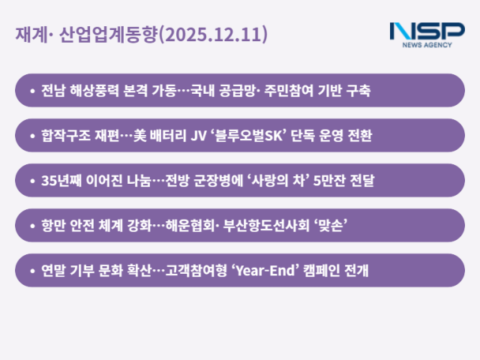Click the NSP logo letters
pyautogui.click(x=427, y=31)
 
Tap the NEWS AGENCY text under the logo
pyautogui.click(x=427, y=45)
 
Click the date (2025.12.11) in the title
pyautogui.click(x=214, y=34)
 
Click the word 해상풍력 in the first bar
pyautogui.click(x=92, y=91)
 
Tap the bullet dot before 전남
pyautogui.click(x=32, y=91)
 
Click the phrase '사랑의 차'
pyautogui.click(x=274, y=181)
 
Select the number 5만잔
pyautogui.click(x=327, y=181)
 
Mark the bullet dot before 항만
pyautogui.click(x=32, y=226)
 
